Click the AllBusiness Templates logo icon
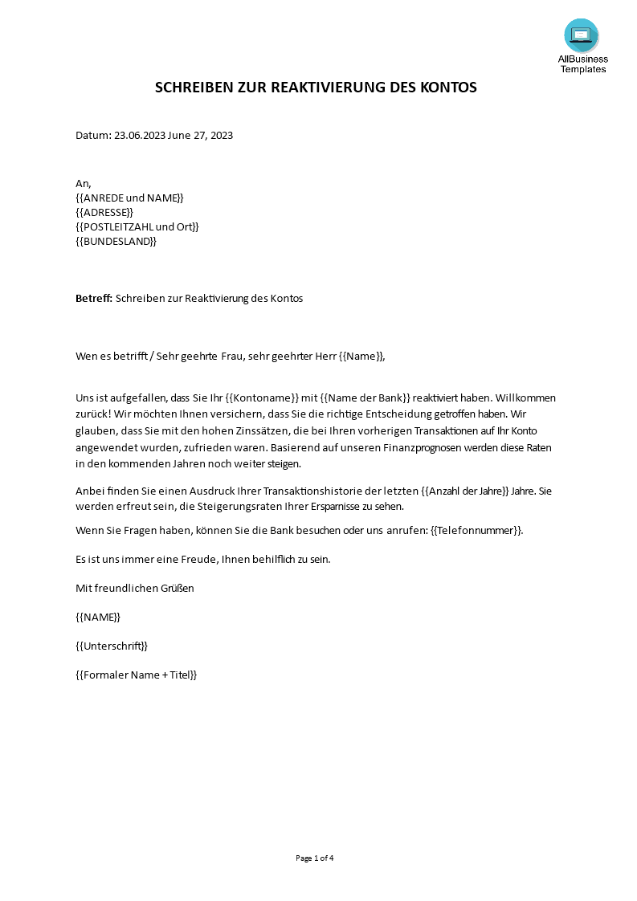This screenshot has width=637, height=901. click(x=582, y=36)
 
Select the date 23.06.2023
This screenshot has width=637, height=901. click(x=140, y=135)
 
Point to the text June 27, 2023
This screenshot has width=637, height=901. click(x=201, y=135)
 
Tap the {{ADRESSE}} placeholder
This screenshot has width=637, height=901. click(x=104, y=212)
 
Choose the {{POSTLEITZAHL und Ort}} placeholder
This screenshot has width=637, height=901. click(x=137, y=226)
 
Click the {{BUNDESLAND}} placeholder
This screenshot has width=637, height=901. click(x=116, y=241)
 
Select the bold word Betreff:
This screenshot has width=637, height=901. click(x=94, y=298)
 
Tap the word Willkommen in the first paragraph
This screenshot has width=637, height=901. click(x=526, y=398)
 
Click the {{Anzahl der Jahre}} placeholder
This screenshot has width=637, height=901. click(x=465, y=491)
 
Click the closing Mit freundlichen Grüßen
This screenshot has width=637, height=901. click(x=135, y=588)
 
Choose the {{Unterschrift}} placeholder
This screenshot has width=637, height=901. click(x=112, y=646)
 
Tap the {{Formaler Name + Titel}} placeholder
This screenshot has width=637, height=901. click(x=137, y=675)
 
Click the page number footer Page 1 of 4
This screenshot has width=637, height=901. click(x=315, y=858)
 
